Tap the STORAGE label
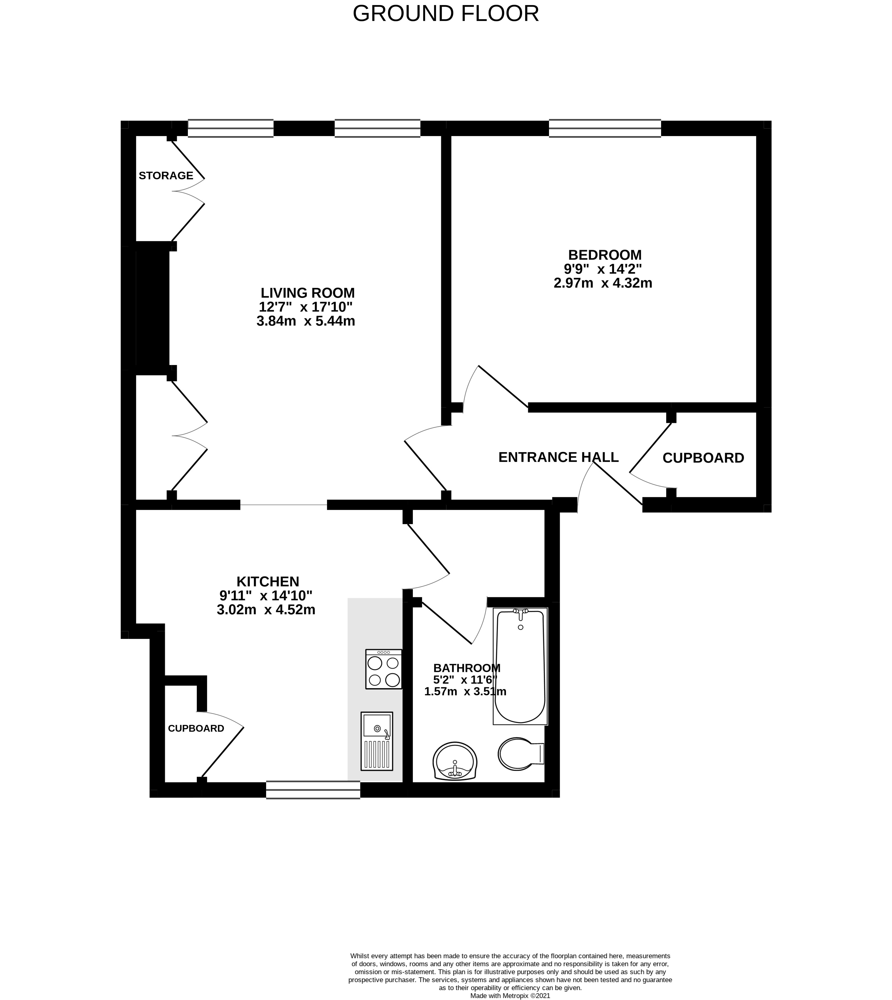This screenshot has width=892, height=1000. click(166, 176)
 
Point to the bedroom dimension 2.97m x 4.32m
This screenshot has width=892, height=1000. click(603, 283)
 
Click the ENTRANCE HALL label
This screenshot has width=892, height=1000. click(558, 457)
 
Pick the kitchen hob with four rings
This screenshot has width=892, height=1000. click(384, 669)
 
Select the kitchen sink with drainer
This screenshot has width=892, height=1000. click(377, 741)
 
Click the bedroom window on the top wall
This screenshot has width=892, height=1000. click(605, 128)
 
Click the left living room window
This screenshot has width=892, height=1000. click(230, 128)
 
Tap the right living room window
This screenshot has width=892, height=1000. click(377, 128)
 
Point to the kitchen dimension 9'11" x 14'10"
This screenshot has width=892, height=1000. click(266, 596)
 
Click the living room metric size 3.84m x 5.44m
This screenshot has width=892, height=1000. click(306, 321)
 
